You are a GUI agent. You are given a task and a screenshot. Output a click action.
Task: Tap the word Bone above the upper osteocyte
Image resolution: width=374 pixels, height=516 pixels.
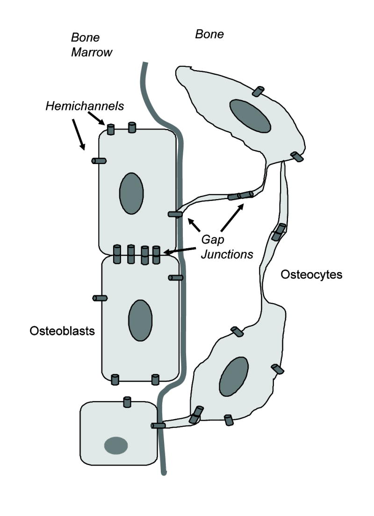point(209,34)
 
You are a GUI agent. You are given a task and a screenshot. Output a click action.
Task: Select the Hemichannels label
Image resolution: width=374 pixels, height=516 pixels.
point(85,106)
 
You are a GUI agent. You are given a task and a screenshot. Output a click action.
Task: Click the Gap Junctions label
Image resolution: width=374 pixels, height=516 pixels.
point(227,246)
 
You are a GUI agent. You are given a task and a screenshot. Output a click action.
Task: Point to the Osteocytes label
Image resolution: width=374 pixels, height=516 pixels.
point(311,274)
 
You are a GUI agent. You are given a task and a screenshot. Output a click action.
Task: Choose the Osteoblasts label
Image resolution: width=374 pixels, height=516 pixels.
point(62,331)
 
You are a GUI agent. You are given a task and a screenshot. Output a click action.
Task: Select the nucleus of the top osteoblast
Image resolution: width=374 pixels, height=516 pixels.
point(131,193)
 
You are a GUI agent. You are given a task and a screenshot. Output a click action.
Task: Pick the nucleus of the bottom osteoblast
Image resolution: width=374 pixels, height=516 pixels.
point(116,445)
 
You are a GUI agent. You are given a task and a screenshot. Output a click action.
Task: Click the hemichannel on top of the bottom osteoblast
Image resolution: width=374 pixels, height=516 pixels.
point(127,401)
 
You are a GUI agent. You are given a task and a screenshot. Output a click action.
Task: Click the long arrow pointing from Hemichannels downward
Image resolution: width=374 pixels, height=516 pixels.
point(79,134)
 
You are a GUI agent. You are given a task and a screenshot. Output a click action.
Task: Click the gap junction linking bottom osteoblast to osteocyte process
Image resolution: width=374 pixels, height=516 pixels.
point(158,426)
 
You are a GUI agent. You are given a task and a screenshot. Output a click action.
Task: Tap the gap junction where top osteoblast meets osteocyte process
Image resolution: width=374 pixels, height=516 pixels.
point(175,214)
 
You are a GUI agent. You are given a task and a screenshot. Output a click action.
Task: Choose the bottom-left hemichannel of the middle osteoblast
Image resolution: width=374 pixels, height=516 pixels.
point(115,380)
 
